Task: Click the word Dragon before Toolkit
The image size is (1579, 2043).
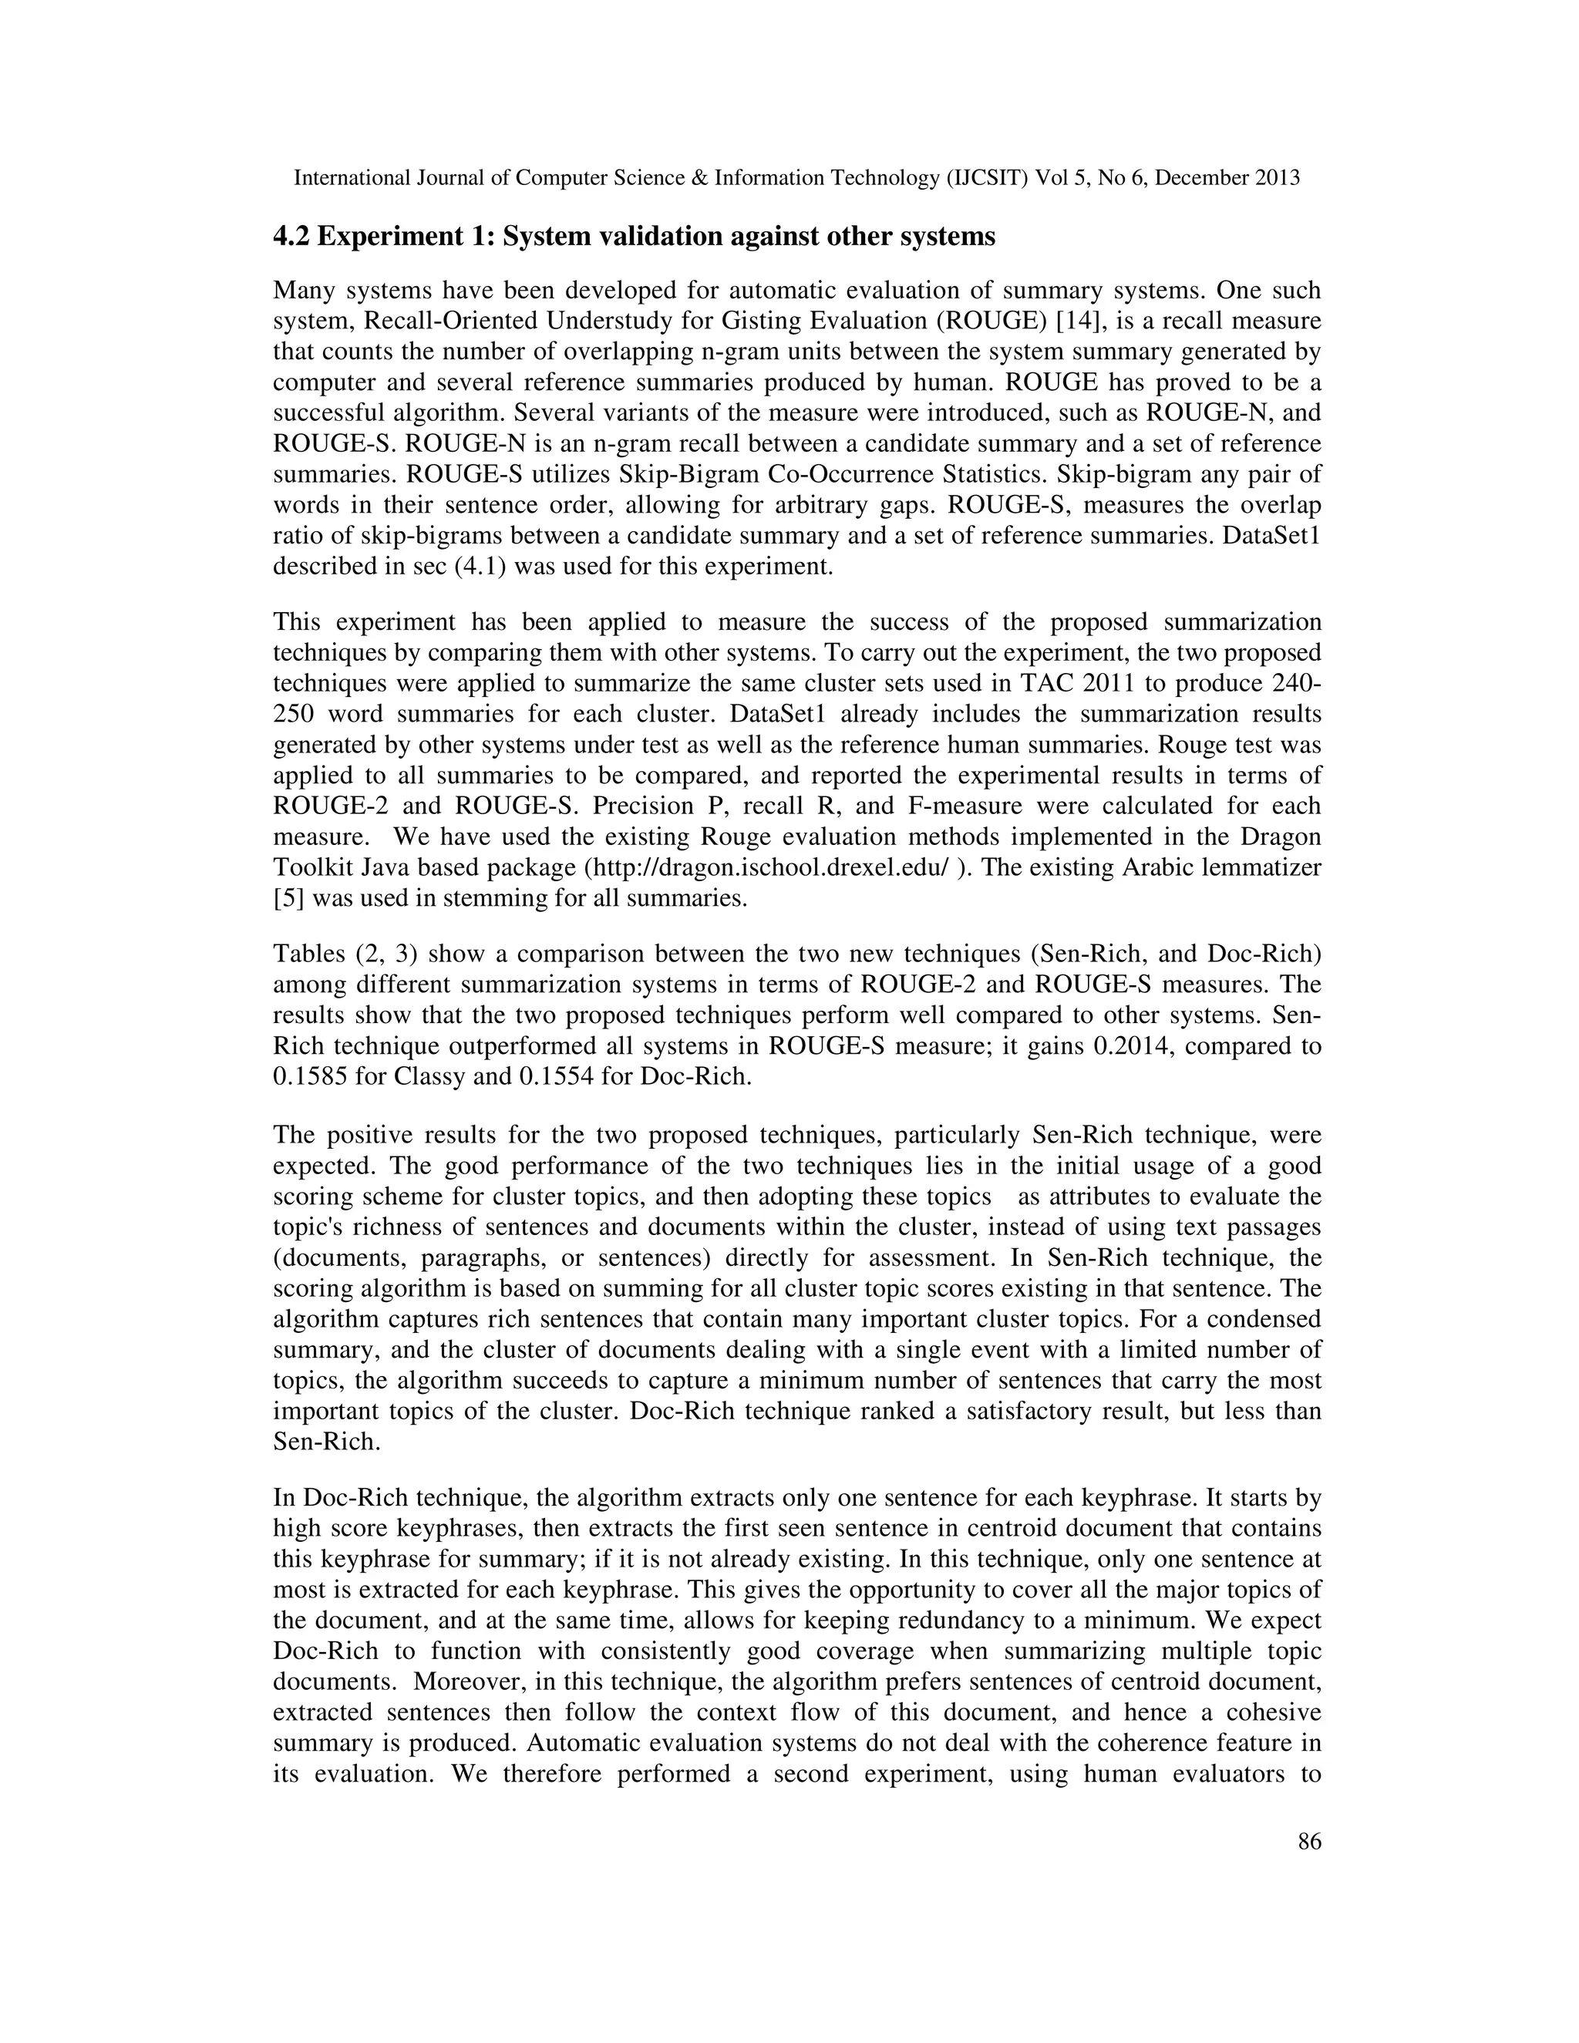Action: point(1284,837)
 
